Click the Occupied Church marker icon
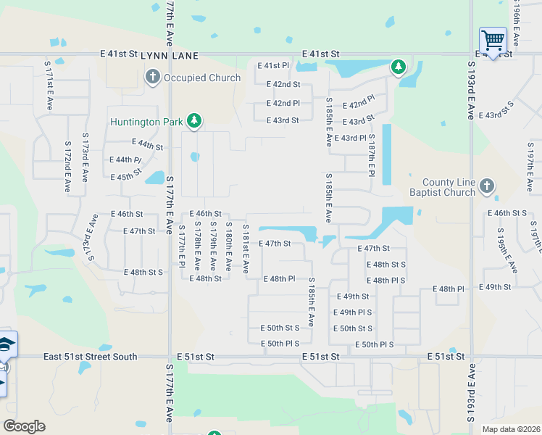(x=152, y=77)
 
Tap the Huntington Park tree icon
(x=193, y=121)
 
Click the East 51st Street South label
(x=90, y=357)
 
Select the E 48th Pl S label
(x=385, y=281)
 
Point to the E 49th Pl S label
(x=352, y=312)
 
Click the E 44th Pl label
(x=125, y=159)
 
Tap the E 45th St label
(x=126, y=177)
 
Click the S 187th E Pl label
(x=371, y=153)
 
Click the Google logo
(x=24, y=426)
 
